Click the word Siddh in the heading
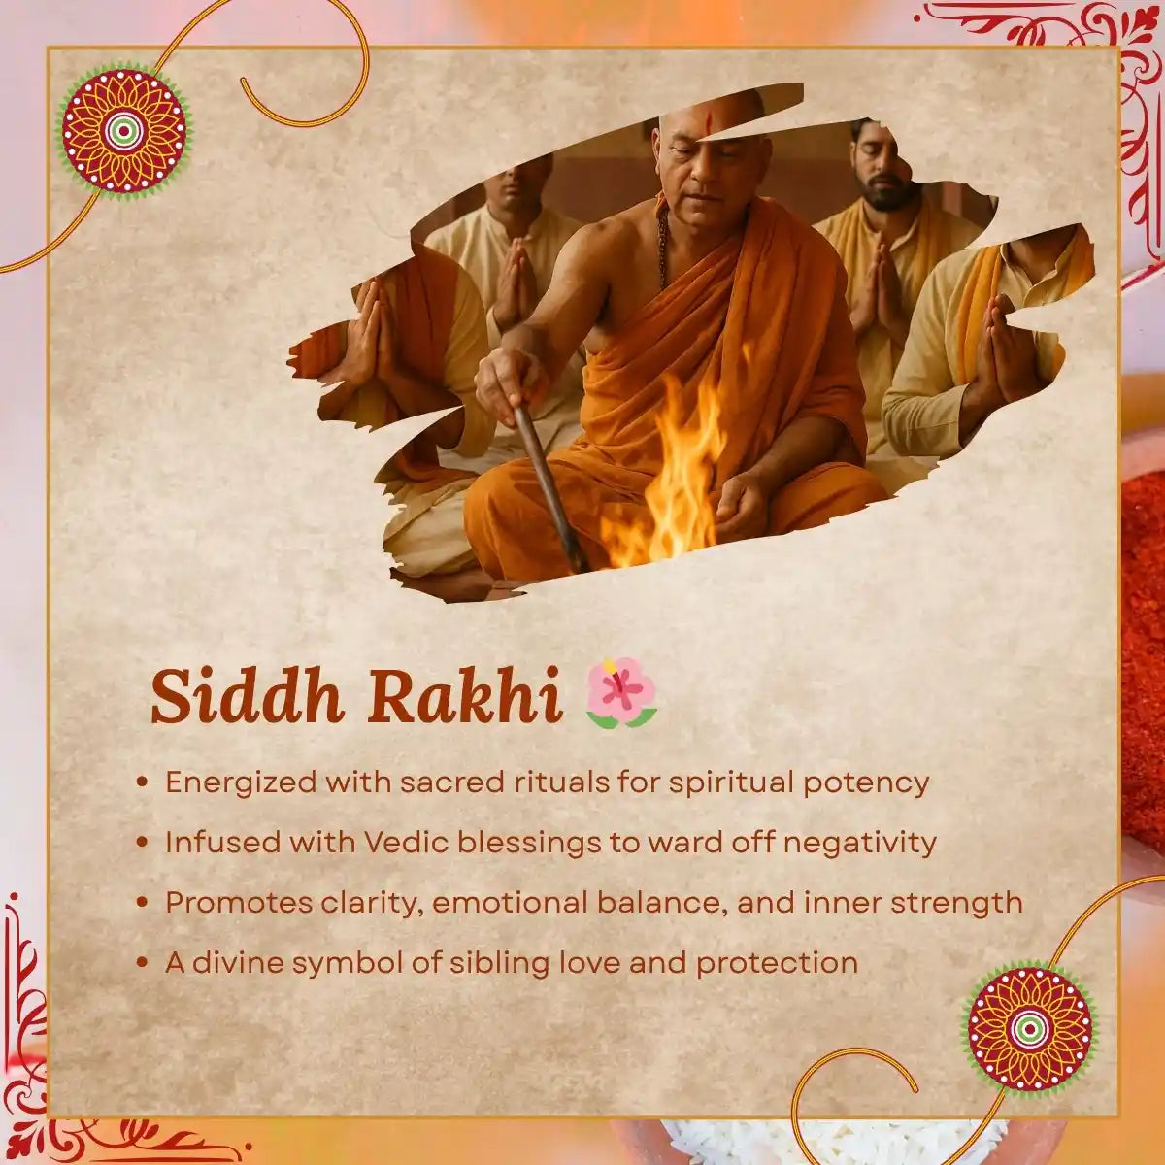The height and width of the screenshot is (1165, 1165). pos(246,697)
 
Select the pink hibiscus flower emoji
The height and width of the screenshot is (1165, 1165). pos(621,695)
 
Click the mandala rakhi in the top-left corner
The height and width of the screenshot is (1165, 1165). pos(124,131)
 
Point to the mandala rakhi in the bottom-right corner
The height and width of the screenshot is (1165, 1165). pos(1030,1030)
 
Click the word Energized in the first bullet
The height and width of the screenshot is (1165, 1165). pos(241,782)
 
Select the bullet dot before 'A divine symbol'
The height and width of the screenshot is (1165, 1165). pos(142,962)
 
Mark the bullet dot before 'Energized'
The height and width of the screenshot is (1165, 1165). pos(142,782)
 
